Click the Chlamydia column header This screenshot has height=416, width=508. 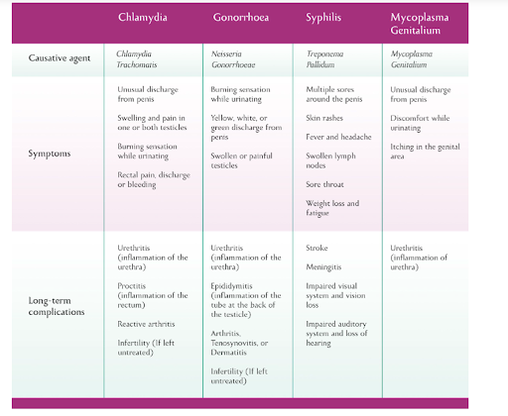(143, 17)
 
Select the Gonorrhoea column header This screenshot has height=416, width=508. (241, 17)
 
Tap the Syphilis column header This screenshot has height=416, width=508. (323, 17)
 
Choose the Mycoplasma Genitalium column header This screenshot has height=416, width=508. (420, 24)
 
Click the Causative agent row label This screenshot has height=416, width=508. (60, 58)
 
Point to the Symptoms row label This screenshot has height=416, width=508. (50, 154)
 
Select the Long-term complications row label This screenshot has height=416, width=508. (57, 306)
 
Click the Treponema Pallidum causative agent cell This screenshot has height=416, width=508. (324, 58)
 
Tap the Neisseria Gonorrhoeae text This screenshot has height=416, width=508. (233, 58)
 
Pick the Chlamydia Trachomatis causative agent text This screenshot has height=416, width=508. (137, 58)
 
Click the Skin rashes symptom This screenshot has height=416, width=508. (324, 118)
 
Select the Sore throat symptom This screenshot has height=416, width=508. (324, 184)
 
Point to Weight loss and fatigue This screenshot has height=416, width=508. (332, 208)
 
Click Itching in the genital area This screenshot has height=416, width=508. (425, 152)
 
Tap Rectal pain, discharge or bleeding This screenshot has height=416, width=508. (154, 179)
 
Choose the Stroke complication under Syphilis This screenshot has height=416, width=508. (317, 248)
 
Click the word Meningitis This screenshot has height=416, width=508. (323, 266)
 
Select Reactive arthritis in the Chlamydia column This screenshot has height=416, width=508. (146, 324)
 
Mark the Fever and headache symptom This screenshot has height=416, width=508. (338, 137)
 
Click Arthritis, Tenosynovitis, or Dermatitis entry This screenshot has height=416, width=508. (239, 343)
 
